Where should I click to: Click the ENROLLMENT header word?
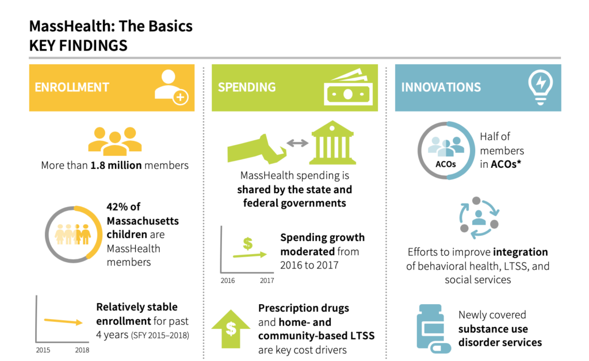coord(72,87)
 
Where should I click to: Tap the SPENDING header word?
coord(247,87)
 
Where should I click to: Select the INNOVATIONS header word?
coord(441,87)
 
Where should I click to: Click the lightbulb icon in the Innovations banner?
coord(540,88)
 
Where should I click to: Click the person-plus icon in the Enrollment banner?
coord(171,87)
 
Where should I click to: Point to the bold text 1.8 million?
coord(116,166)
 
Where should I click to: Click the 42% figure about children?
coord(117,207)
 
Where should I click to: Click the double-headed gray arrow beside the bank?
coord(297,143)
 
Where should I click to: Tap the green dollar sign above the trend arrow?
coord(247,244)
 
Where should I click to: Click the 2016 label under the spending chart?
coord(228,281)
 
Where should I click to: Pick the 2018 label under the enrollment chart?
coord(82,350)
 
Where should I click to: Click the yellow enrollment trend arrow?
coord(63,321)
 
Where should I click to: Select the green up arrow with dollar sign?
coord(231,329)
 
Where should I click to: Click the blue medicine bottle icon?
coord(433,329)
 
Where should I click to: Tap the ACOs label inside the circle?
coord(446,164)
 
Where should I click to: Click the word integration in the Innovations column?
coord(520,252)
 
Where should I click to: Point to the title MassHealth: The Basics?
coord(111,26)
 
